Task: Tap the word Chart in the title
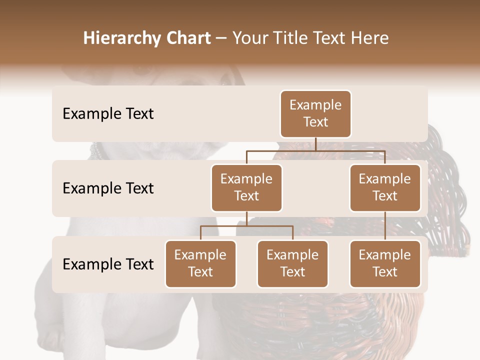coord(186,38)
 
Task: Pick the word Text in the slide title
coord(333,38)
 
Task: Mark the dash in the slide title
coord(221,39)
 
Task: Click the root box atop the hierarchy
coord(315,114)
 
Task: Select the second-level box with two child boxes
coord(246,188)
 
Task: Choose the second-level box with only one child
coord(385,188)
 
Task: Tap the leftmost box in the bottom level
coord(200,264)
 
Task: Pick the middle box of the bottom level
coord(292,264)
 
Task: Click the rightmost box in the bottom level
coord(385,264)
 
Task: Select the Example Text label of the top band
coord(108,114)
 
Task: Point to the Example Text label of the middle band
coord(108,188)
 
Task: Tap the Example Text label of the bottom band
coord(108,264)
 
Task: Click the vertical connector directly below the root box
coord(315,144)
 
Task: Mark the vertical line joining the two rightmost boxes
coord(385,226)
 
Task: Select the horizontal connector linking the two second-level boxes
coord(315,150)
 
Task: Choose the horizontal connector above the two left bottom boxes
coord(246,226)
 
